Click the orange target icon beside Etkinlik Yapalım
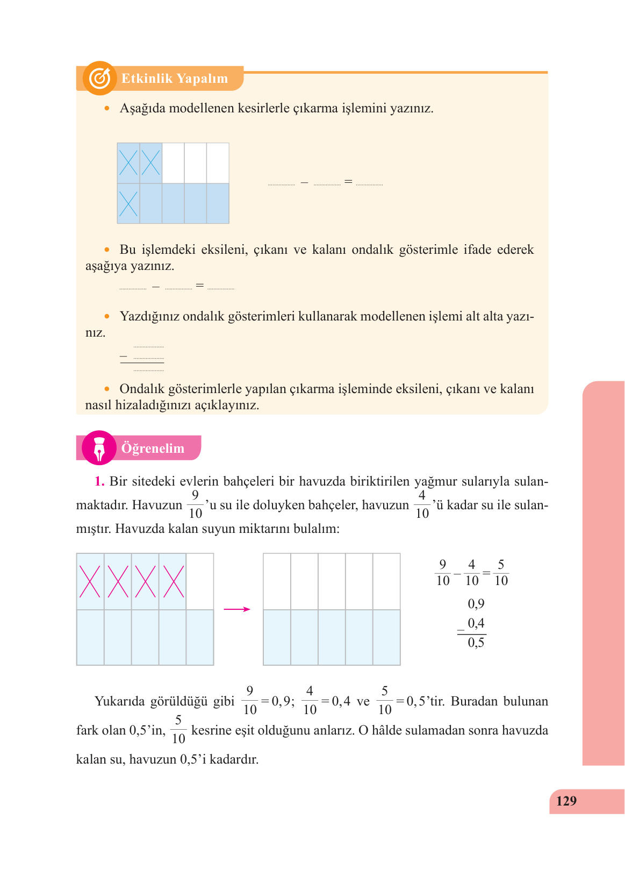click(100, 79)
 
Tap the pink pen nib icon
click(99, 448)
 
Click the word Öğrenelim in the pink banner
click(153, 448)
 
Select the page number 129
click(566, 801)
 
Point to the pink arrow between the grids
click(237, 609)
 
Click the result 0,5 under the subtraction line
click(476, 643)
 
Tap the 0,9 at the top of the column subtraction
click(476, 604)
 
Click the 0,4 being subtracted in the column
click(476, 623)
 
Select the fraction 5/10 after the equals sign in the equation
click(501, 573)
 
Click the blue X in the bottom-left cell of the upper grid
click(128, 204)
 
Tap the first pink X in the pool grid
click(90, 582)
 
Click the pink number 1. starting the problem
click(99, 481)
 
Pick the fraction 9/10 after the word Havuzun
click(195, 504)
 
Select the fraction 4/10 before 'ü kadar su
click(422, 504)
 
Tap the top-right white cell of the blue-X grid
click(218, 163)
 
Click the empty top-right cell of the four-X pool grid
click(200, 582)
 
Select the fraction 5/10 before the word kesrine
click(178, 730)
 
